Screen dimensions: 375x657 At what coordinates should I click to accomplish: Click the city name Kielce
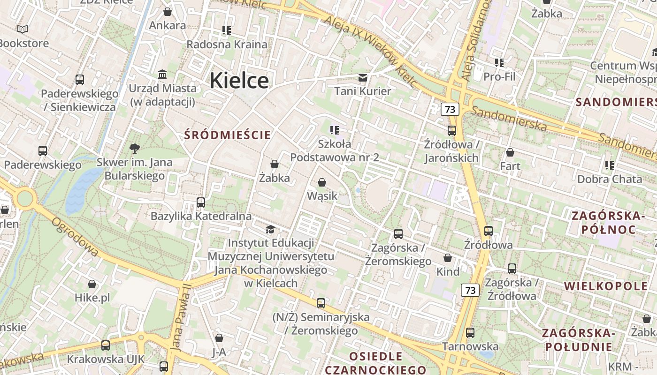[239, 81]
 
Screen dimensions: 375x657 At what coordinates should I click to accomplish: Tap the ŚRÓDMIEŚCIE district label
[228, 135]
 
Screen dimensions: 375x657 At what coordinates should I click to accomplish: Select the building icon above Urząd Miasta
[163, 74]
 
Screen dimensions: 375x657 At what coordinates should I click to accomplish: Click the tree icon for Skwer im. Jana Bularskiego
[134, 149]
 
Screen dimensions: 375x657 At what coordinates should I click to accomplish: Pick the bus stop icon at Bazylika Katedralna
[201, 202]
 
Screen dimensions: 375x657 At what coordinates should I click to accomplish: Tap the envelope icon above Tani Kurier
[363, 77]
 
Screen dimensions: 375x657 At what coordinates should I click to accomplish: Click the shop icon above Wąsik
[322, 182]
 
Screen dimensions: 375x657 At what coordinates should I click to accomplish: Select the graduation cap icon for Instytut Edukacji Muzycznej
[270, 229]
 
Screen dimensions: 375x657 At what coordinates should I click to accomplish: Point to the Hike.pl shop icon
[92, 284]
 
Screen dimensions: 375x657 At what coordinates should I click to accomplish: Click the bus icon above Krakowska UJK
[106, 345]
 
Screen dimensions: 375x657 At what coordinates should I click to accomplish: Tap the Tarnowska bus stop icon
[470, 333]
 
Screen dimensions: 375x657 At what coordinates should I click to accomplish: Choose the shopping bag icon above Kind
[448, 258]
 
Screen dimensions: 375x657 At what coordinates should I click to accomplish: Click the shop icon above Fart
[510, 152]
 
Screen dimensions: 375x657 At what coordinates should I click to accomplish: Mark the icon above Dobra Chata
[610, 165]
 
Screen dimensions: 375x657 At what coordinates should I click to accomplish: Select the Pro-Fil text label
[499, 76]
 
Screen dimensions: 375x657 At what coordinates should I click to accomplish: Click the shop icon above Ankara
[168, 12]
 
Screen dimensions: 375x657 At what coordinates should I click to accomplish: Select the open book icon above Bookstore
[23, 30]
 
